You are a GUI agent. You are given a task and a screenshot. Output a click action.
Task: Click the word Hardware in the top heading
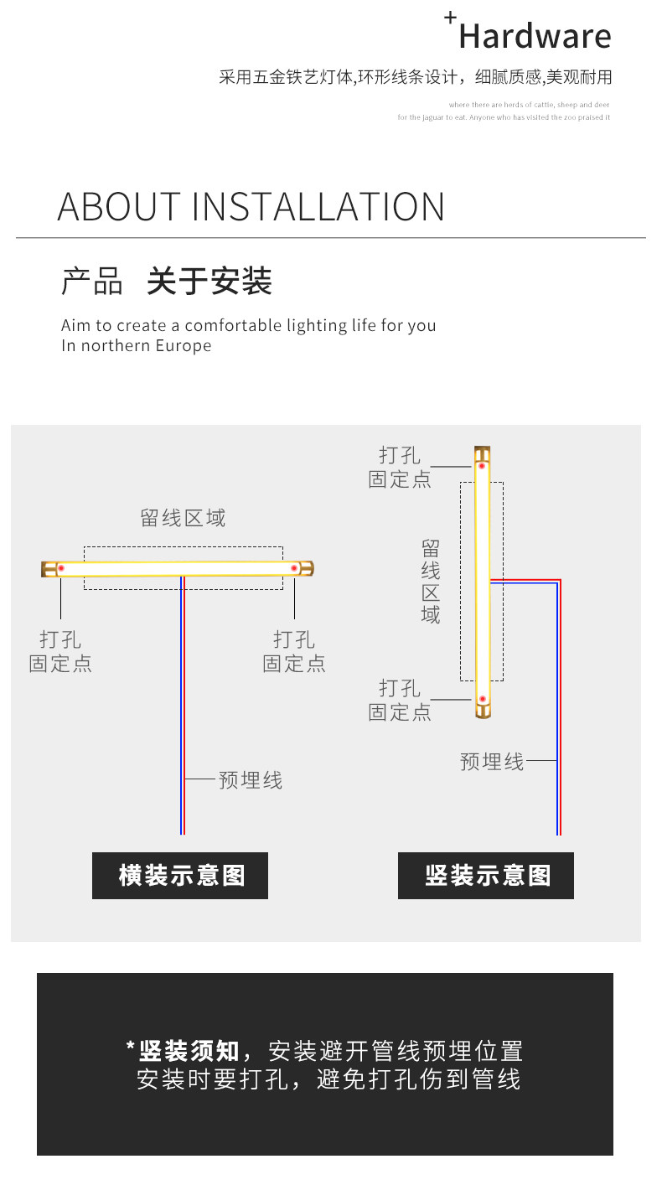tap(535, 37)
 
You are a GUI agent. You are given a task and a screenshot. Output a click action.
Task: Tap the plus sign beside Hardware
tap(450, 17)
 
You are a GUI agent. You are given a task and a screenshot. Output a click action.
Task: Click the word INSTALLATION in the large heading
tap(318, 207)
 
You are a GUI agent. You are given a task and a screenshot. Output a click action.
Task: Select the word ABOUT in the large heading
tap(118, 207)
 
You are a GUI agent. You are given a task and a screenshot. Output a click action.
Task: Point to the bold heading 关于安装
tap(209, 282)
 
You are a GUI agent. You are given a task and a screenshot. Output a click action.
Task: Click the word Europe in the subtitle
tap(184, 345)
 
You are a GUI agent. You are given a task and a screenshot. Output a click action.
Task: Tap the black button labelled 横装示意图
tap(180, 876)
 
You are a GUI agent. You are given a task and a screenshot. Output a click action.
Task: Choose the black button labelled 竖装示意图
tap(486, 876)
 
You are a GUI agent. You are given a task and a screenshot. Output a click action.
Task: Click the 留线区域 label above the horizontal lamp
tap(183, 518)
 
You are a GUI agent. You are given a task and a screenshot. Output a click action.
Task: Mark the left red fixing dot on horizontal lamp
tap(61, 568)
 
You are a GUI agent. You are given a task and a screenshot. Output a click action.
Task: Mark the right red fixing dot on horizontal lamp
tap(294, 568)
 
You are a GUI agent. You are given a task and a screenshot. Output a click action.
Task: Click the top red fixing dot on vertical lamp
tap(482, 466)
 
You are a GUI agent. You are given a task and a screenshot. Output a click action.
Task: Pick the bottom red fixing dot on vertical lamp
tap(482, 699)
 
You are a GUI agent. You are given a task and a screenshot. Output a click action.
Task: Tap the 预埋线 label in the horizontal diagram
tap(251, 780)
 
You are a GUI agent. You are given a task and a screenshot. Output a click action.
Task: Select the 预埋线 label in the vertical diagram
tap(492, 762)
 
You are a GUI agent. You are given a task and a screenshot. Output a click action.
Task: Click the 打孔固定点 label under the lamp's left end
tap(60, 652)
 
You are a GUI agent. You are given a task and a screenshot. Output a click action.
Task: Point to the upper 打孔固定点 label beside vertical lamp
tap(400, 468)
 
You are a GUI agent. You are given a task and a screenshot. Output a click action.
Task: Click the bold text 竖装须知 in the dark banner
tap(189, 1051)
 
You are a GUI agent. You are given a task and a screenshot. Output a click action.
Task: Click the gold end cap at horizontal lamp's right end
tap(307, 568)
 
